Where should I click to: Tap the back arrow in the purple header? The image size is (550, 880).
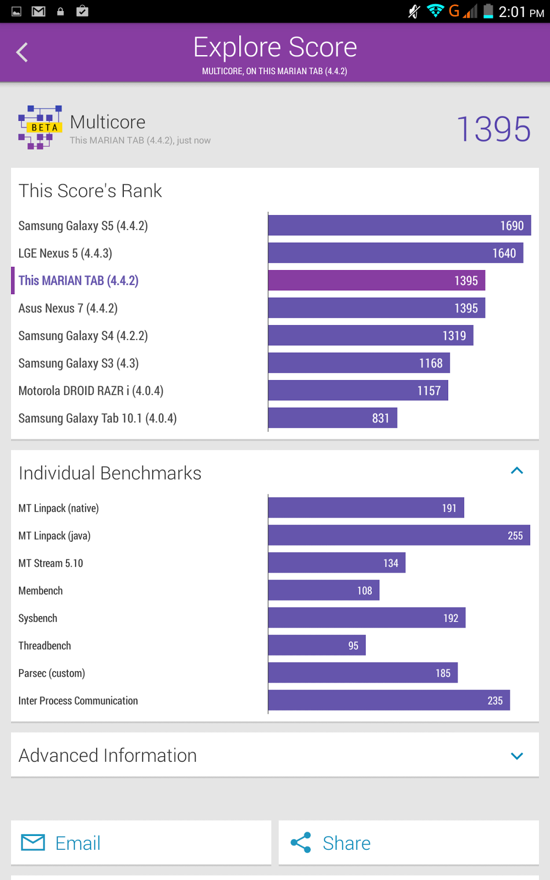[22, 53]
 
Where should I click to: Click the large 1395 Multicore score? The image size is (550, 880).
[493, 129]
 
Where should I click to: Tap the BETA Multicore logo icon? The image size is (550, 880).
[40, 128]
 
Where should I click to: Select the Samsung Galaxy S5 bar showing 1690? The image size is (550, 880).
[399, 226]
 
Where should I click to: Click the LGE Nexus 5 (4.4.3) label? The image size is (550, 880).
[65, 253]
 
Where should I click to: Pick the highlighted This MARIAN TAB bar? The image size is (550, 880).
[376, 280]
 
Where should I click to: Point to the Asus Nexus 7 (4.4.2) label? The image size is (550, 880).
[68, 308]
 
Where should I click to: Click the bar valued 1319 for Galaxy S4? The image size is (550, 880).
[370, 335]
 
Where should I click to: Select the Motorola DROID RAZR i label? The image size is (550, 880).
[91, 391]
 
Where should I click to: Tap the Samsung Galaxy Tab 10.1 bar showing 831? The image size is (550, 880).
[332, 418]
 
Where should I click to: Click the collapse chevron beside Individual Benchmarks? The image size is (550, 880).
[516, 471]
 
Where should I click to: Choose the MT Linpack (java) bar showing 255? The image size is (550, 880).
[399, 536]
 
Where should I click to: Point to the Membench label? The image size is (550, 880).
[40, 591]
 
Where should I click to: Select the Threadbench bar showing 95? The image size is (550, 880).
[317, 646]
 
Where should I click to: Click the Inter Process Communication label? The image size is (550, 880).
[78, 701]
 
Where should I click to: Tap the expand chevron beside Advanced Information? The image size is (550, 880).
[516, 756]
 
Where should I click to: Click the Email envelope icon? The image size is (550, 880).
[33, 842]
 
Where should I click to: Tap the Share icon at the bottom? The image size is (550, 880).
[301, 843]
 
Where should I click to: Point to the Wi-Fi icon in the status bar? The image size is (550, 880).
[435, 11]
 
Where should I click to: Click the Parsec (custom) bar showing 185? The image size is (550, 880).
[362, 673]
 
